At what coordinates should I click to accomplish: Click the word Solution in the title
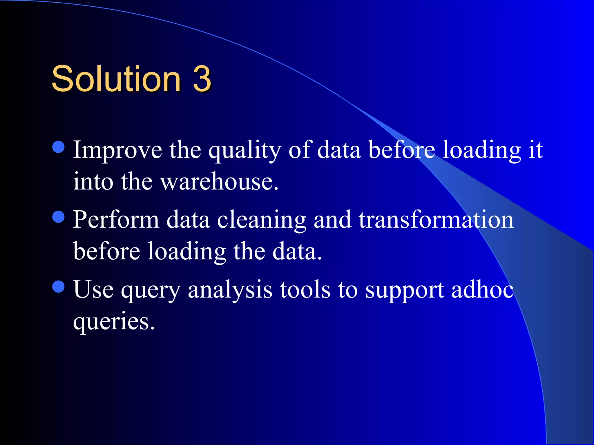[x=116, y=79]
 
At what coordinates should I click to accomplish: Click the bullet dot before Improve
[x=59, y=147]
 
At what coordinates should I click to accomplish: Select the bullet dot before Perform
[x=59, y=217]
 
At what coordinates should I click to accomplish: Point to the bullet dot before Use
[x=59, y=287]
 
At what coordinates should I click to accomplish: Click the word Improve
[x=117, y=150]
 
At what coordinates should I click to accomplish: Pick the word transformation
[x=436, y=220]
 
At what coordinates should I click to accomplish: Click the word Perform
[x=116, y=220]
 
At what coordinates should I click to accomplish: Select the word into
[x=93, y=182]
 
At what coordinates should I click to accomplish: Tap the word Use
[x=93, y=290]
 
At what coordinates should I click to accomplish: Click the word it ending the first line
[x=535, y=150]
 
